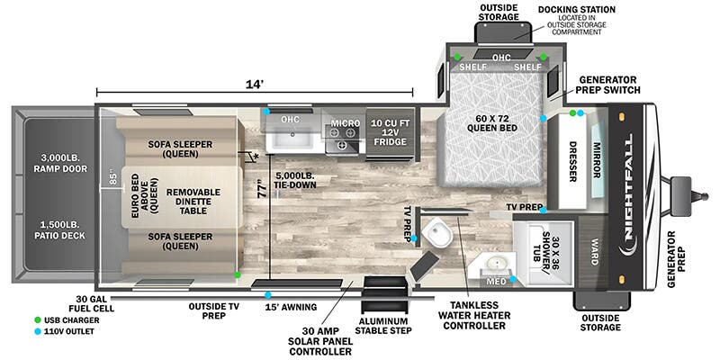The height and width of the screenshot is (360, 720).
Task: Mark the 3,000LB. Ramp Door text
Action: point(54,161)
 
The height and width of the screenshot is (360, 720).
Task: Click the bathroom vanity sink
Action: point(494,265)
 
